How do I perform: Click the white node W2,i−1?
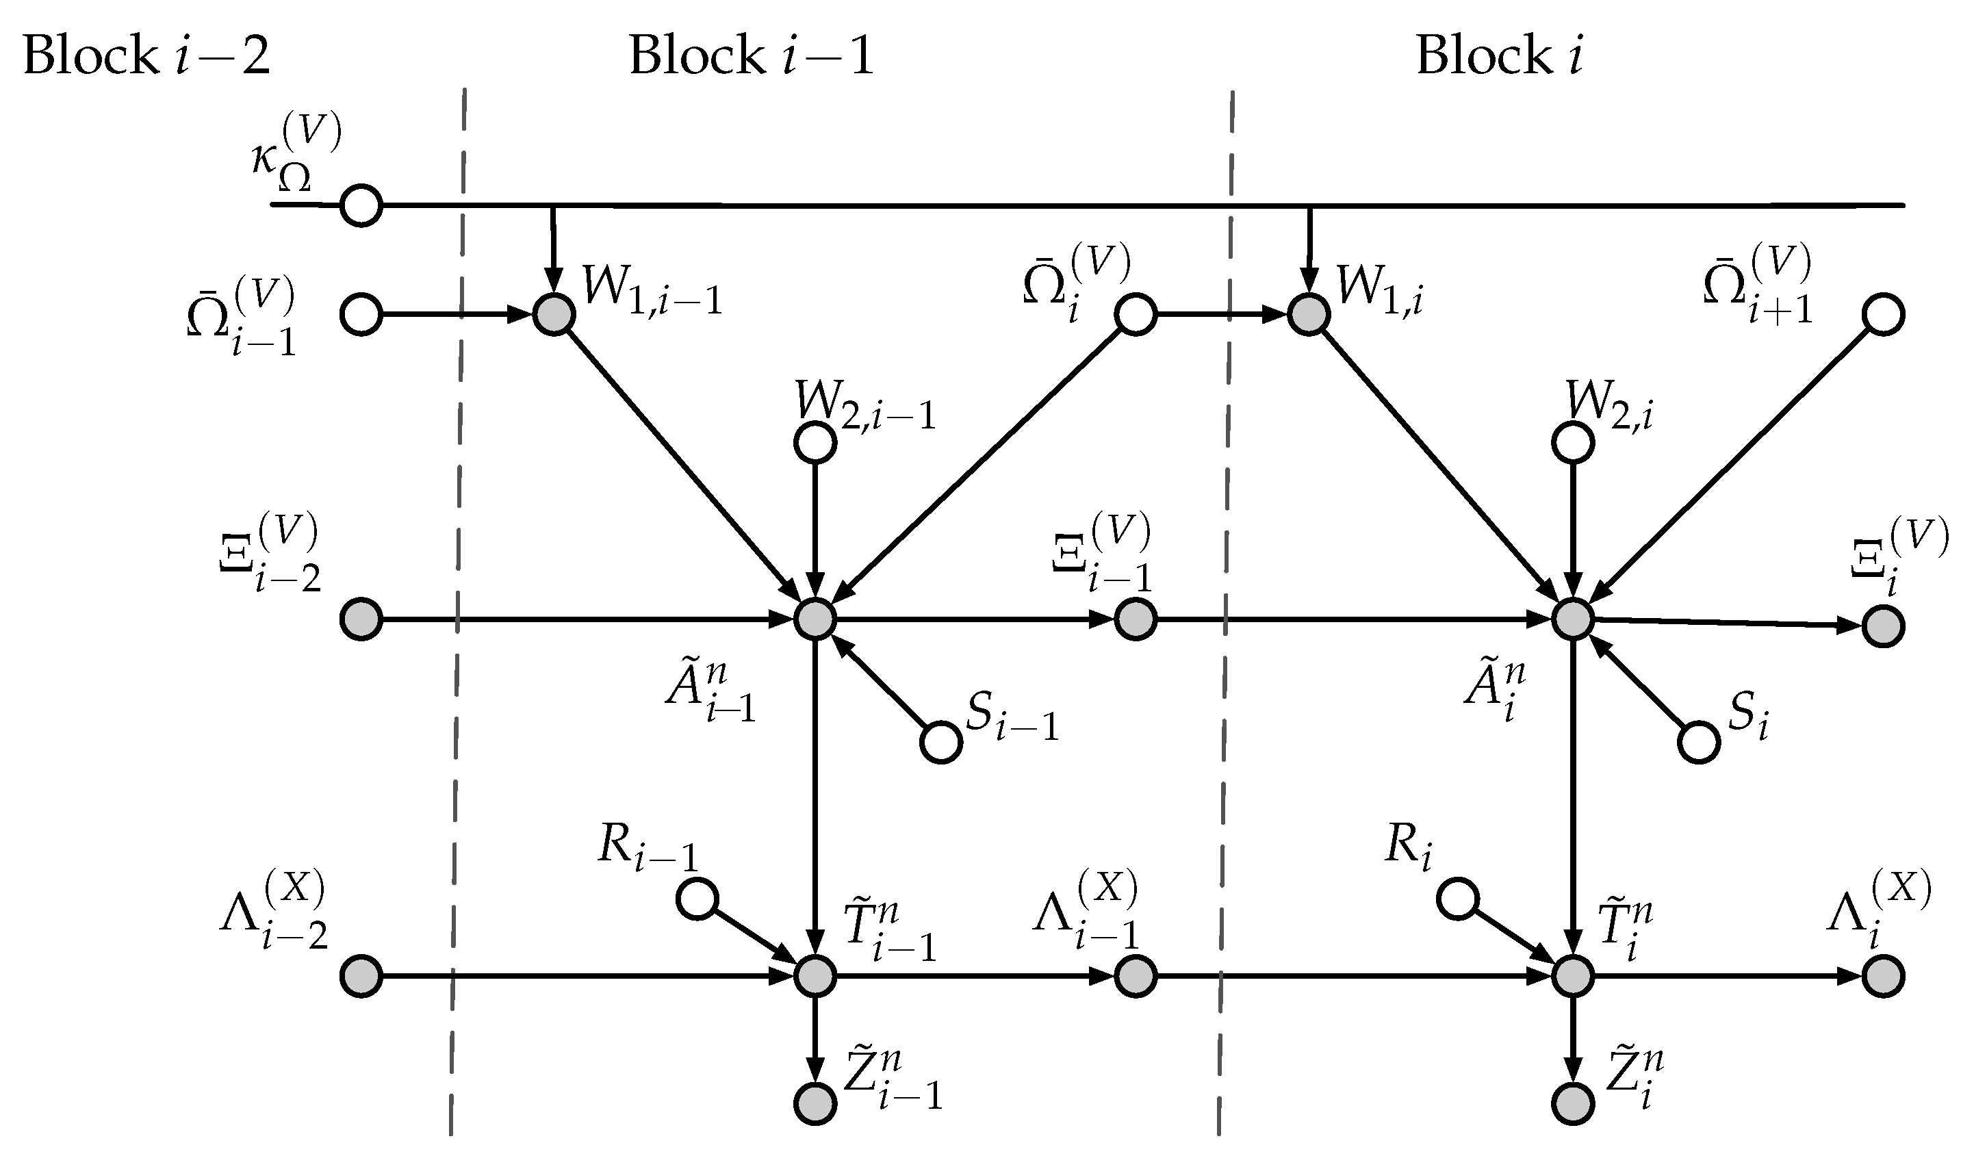pyautogui.click(x=815, y=443)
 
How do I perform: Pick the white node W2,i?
pyautogui.click(x=1572, y=443)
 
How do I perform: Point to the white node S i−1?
pyautogui.click(x=940, y=742)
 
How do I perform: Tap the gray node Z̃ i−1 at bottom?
pyautogui.click(x=815, y=1103)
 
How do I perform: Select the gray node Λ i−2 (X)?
pyautogui.click(x=361, y=976)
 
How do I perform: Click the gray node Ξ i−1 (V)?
pyautogui.click(x=1135, y=619)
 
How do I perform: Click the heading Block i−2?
pyautogui.click(x=146, y=56)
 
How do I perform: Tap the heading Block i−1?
pyautogui.click(x=750, y=56)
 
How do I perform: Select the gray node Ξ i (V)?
pyautogui.click(x=1883, y=626)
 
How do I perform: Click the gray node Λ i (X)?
pyautogui.click(x=1883, y=976)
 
